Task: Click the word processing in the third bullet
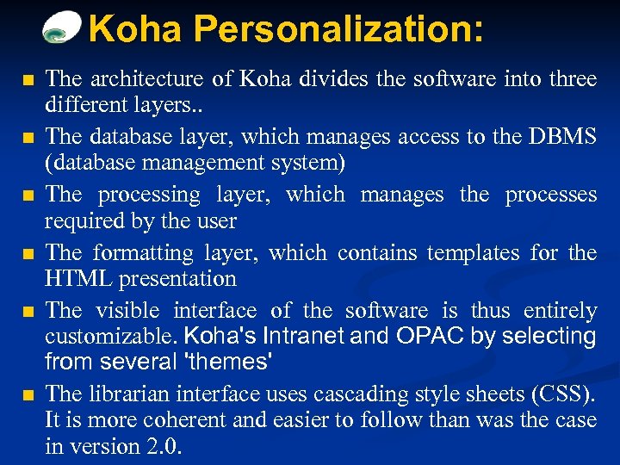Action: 149,195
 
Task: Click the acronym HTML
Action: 79,279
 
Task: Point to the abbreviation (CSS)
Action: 563,394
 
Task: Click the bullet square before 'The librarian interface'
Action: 28,395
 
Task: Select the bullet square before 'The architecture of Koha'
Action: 28,81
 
